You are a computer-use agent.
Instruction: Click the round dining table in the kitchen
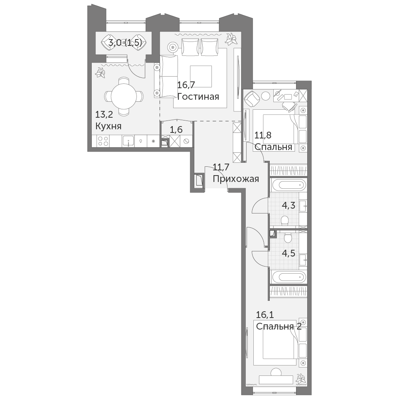[124, 97]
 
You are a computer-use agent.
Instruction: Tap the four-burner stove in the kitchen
[103, 141]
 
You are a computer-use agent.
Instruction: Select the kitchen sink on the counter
[129, 141]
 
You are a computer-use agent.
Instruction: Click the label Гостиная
[198, 97]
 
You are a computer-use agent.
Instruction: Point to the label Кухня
[108, 126]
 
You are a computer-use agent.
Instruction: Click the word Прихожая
[236, 179]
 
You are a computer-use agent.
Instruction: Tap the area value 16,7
[186, 85]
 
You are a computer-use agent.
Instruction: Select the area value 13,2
[104, 115]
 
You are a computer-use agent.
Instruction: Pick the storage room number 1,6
[176, 130]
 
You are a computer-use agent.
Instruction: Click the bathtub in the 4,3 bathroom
[288, 184]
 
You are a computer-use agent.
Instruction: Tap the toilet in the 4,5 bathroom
[288, 238]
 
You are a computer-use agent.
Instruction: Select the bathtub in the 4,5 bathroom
[288, 277]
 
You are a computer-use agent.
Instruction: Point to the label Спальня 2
[279, 326]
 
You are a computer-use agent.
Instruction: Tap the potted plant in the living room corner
[231, 38]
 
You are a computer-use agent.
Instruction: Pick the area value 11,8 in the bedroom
[263, 135]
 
